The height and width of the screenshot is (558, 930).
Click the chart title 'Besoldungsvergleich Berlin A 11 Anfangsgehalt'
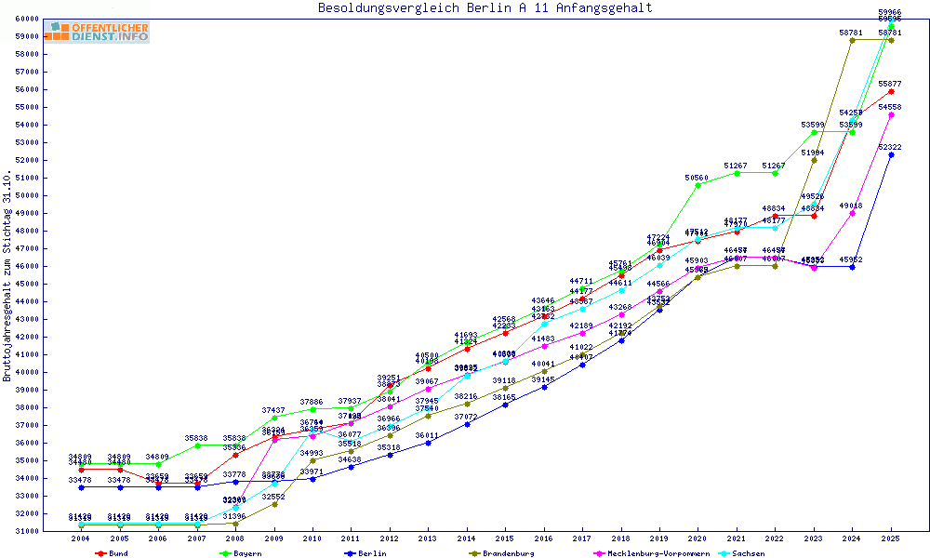[x=485, y=8]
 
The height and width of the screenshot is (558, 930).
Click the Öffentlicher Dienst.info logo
[x=100, y=33]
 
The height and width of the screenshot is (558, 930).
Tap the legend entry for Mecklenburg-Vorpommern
[x=657, y=553]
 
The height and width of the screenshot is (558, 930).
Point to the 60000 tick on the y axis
[x=25, y=19]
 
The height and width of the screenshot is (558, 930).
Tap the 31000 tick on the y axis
[x=25, y=531]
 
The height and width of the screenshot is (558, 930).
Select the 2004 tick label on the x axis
[x=81, y=539]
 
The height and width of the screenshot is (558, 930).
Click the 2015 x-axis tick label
[x=505, y=539]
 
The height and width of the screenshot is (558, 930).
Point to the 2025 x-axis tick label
[x=891, y=539]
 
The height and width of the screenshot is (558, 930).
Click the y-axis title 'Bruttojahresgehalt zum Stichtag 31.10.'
[x=7, y=276]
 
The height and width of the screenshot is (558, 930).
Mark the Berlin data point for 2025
[x=891, y=154]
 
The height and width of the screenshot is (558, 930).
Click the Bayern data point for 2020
[x=698, y=185]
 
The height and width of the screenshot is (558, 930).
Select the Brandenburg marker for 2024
[x=852, y=40]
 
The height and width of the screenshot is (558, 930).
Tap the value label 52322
[x=889, y=147]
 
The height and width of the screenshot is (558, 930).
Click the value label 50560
[x=698, y=177]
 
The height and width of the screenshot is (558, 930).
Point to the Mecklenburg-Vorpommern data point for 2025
[x=891, y=115]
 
